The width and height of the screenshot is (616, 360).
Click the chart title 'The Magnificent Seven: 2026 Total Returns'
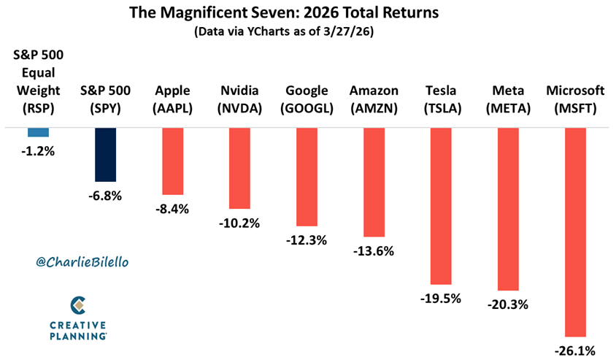tap(308, 12)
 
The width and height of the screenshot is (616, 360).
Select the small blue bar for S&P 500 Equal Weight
tap(38, 132)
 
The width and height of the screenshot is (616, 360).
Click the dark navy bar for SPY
tap(105, 154)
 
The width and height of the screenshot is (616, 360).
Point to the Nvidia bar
tap(240, 168)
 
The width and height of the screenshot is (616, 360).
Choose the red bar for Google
tap(307, 176)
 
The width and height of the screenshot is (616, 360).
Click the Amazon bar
tap(374, 182)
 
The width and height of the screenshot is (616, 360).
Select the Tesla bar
tap(441, 206)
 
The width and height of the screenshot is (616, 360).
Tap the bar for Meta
tap(508, 209)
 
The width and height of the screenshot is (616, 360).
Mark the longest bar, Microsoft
tap(575, 232)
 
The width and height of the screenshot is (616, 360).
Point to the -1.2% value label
tap(38, 151)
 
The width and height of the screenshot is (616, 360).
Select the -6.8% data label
tap(105, 196)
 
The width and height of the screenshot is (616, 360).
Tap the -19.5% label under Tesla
tap(441, 299)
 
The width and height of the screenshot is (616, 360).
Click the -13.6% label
tap(374, 251)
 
